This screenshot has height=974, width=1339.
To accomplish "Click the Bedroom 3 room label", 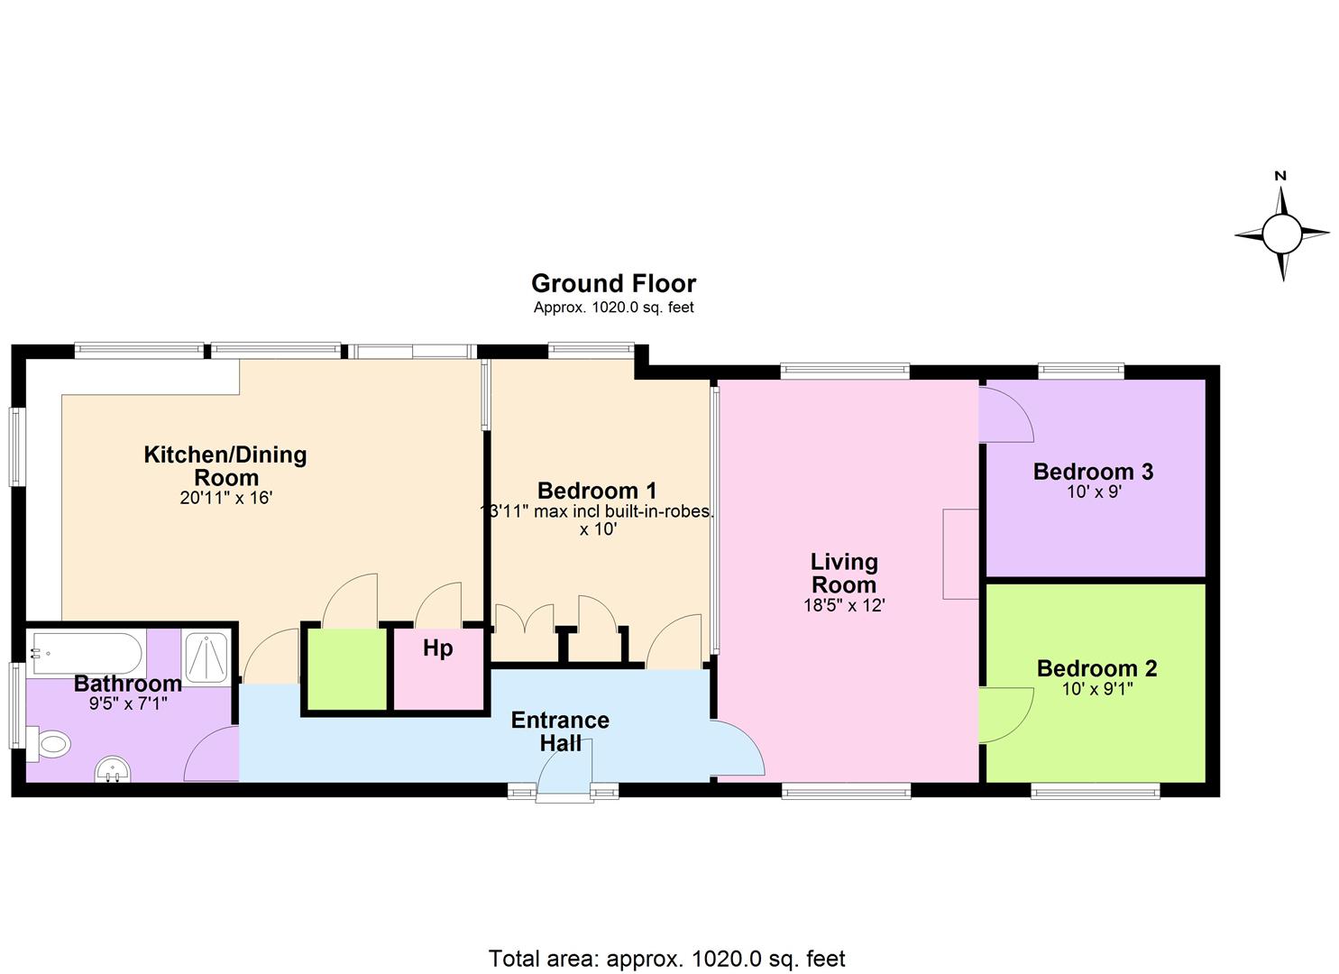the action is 1094,472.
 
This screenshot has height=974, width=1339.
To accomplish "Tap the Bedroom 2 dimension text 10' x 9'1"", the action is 1097,689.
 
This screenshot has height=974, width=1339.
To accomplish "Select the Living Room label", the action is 844,573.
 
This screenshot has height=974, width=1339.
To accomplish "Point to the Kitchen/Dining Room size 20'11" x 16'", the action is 226,498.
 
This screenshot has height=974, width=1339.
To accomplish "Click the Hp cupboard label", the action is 438,648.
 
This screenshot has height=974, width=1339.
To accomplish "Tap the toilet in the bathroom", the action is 49,745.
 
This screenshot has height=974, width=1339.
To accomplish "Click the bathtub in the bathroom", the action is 86,654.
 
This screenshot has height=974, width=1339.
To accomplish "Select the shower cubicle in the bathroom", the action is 206,658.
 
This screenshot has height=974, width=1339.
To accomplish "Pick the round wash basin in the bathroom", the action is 113,770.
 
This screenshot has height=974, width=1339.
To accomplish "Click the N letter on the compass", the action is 1279,176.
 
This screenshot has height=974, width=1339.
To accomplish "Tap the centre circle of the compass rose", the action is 1281,234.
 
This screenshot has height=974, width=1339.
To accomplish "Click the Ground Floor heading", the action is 614,283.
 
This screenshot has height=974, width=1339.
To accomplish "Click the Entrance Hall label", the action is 560,731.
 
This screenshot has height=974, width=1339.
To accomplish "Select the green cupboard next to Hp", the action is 347,669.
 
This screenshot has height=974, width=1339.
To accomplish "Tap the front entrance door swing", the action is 564,767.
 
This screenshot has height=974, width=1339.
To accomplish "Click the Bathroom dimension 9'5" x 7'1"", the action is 128,703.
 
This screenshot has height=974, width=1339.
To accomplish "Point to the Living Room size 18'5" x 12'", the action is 844,605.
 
